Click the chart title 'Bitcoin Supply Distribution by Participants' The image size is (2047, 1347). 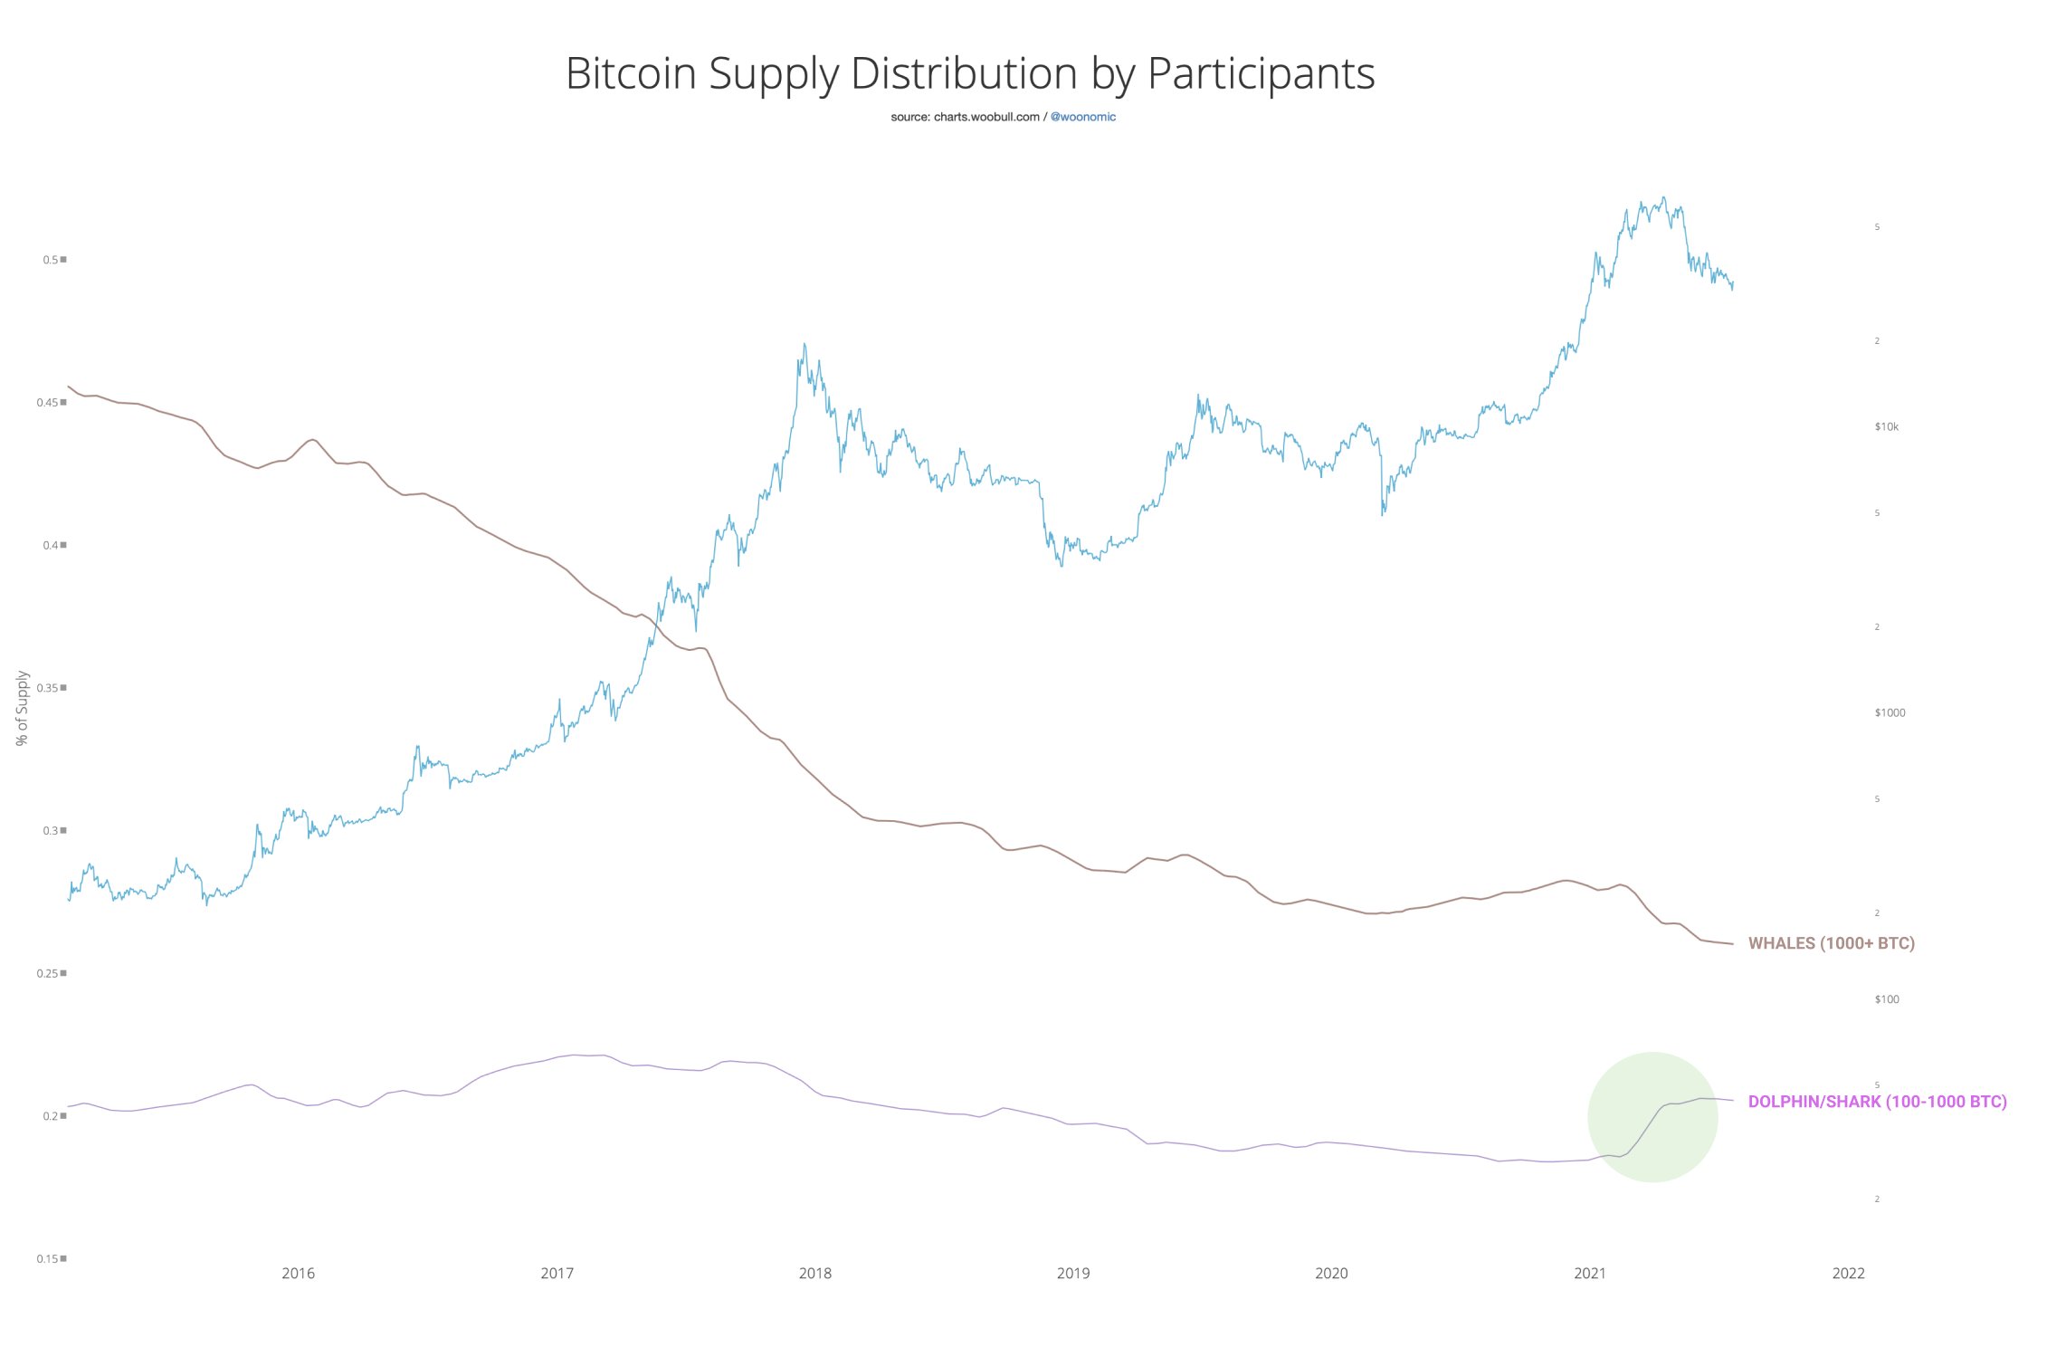point(969,73)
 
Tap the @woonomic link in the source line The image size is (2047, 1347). point(1082,117)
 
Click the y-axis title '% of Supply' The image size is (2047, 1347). point(23,708)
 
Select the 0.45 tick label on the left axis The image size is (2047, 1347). point(49,403)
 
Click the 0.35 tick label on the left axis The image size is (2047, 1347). point(49,688)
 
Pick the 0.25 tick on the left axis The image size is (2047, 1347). point(49,973)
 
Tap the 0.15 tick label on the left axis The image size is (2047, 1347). point(49,1259)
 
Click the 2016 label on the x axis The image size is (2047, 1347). point(298,1274)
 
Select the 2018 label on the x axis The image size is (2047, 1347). point(814,1274)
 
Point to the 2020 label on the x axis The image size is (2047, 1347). point(1331,1274)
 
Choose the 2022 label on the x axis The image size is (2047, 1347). point(1848,1274)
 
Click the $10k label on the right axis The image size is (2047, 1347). point(1886,426)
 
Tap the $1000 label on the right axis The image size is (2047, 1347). point(1890,712)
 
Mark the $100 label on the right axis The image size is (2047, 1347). point(1886,999)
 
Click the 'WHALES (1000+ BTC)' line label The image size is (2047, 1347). point(1831,943)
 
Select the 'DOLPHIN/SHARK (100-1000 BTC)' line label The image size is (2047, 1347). point(1877,1102)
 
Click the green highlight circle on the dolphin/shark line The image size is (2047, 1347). point(1652,1117)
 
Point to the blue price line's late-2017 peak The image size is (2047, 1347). point(805,345)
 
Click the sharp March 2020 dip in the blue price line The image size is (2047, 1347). point(1382,513)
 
